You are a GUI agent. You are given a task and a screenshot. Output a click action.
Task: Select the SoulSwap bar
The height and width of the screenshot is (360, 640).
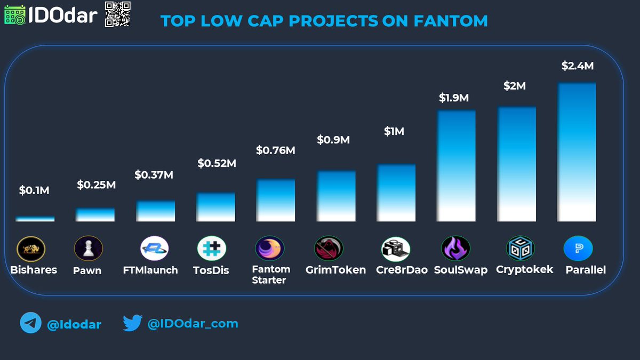pos(456,165)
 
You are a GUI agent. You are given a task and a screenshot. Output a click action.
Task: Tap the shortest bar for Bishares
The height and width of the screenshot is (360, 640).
pos(35,219)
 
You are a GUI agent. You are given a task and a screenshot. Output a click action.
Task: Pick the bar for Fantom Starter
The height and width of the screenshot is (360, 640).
pos(276,200)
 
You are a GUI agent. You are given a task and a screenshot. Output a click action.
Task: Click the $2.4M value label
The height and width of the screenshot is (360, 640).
pos(577,66)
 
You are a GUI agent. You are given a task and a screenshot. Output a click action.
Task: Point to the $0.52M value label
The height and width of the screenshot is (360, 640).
pos(217,163)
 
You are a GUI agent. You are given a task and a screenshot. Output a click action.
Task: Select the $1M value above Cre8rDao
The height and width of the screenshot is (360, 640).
pos(394,131)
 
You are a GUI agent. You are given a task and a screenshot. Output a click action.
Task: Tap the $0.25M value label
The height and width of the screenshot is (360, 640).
pos(96,185)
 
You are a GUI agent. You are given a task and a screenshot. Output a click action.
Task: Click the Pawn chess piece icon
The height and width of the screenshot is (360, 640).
pos(88,249)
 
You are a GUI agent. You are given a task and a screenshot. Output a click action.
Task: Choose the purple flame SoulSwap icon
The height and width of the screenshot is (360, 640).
pos(455,249)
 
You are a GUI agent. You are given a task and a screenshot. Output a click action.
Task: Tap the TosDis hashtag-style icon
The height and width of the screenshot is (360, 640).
pos(212,249)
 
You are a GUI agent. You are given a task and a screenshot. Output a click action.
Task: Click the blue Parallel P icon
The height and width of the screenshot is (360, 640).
pos(578,249)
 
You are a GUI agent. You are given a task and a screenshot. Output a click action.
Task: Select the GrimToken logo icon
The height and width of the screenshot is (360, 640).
pos(329,249)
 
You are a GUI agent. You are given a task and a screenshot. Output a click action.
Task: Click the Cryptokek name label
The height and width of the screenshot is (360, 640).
pos(524,269)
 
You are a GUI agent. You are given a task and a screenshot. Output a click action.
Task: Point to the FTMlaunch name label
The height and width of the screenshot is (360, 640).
pos(150,270)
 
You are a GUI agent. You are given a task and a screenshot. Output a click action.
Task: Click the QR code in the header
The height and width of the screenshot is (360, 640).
pos(117,14)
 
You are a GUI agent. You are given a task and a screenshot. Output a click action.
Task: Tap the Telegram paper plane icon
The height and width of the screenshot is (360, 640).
pos(30,324)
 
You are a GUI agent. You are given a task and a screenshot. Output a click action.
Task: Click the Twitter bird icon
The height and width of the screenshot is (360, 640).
pos(132,323)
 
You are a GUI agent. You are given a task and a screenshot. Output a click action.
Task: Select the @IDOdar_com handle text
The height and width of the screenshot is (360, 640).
pos(193,323)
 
